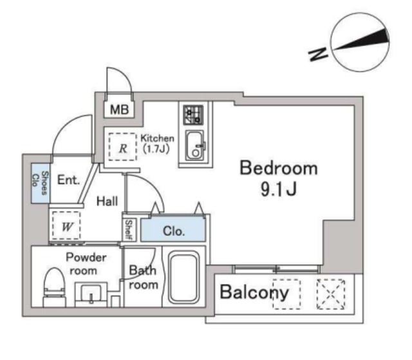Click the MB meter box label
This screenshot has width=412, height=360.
(119, 109)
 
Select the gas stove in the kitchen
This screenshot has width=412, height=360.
(192, 115)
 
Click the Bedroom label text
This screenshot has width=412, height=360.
(279, 169)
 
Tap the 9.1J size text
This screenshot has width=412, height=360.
(278, 191)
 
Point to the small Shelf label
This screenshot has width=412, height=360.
(128, 230)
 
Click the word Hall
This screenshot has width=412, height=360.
(107, 202)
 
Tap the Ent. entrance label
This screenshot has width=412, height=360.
(68, 180)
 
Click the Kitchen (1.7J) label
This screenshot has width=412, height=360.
(157, 143)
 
